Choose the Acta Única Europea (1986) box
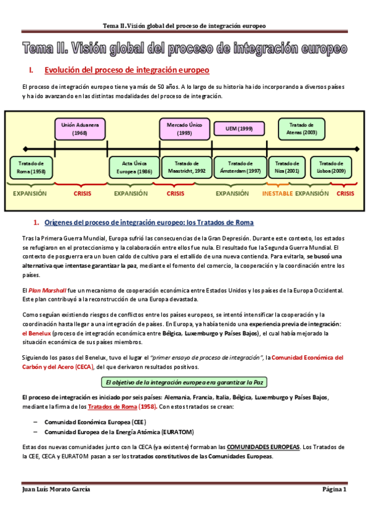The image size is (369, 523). click(x=132, y=167)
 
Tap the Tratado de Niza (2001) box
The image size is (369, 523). click(x=287, y=167)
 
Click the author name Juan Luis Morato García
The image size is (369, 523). click(x=55, y=489)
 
